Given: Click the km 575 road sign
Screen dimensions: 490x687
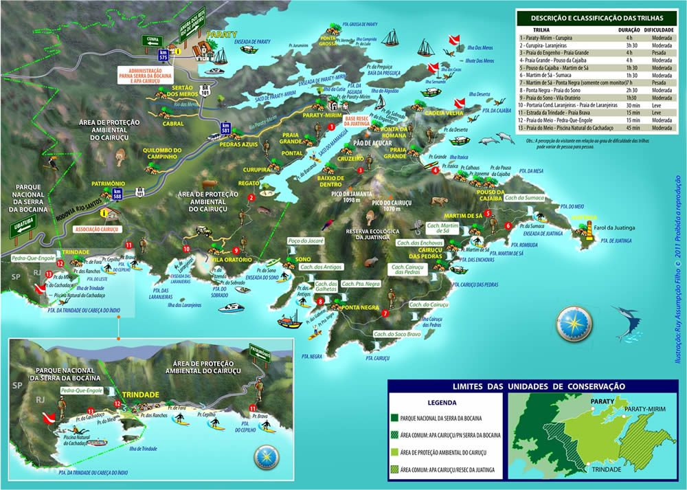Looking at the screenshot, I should click(163, 55).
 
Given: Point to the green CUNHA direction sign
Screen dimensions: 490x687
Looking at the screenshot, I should click(153, 39).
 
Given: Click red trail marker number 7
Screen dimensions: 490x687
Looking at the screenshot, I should click(385, 313).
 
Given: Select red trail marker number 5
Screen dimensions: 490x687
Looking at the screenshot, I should click(487, 214).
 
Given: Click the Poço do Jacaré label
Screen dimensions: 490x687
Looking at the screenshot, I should click(305, 242).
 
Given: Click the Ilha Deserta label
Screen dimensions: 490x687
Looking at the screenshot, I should click(480, 94).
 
